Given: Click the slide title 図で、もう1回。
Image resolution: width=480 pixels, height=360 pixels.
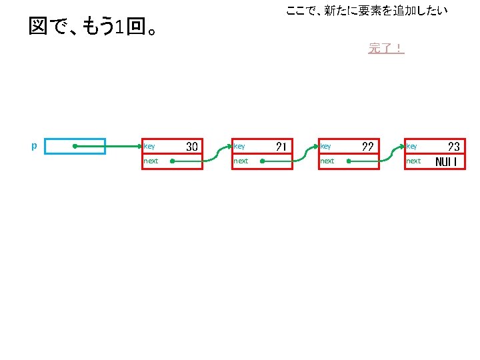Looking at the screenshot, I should (94, 27).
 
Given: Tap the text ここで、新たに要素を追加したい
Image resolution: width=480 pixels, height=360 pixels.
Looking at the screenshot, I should (366, 11).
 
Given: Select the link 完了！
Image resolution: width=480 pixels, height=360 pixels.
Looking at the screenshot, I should (386, 48).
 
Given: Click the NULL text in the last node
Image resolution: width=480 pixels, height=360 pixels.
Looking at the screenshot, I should (446, 161).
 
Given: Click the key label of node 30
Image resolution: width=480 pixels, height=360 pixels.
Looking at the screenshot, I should (149, 146).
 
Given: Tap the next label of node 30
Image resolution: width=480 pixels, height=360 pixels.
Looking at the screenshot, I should (151, 161).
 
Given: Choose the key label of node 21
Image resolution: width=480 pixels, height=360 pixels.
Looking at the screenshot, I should (239, 146).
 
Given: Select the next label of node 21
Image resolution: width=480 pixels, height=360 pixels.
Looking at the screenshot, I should (241, 161).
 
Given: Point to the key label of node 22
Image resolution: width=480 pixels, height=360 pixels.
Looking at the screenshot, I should (326, 146).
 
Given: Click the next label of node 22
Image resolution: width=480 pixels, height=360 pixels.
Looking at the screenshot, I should (327, 161).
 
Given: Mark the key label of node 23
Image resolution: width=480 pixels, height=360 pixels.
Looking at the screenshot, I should (412, 146).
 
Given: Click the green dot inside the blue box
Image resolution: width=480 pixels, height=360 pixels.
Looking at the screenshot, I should (75, 146).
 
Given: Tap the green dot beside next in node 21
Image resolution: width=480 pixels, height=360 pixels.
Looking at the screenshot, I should (263, 161).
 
